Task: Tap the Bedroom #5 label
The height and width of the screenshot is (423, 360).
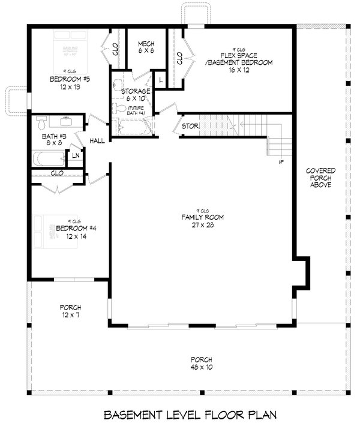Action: pos(70,82)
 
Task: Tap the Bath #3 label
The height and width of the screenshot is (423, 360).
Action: pos(51,139)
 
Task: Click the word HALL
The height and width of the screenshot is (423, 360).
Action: pos(97,141)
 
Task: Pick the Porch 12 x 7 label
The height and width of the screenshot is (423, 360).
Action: pos(70,311)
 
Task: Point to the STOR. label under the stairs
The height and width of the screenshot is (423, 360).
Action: pos(190,127)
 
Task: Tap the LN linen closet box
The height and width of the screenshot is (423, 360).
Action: pos(76,155)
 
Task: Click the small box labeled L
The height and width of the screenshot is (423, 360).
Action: pos(160,78)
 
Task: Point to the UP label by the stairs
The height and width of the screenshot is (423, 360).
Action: pos(280,162)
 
